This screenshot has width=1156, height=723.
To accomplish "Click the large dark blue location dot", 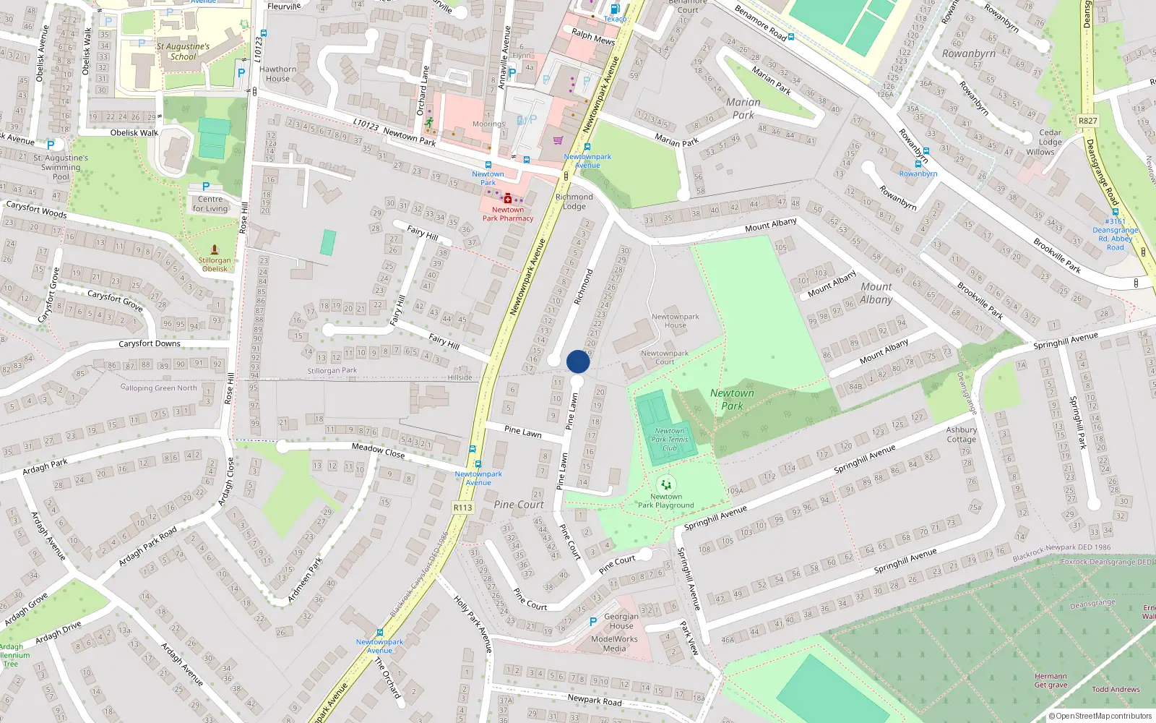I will [578, 361].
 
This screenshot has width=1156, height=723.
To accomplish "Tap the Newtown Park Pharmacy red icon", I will [508, 198].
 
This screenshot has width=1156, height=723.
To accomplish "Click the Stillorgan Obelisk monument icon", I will [214, 249].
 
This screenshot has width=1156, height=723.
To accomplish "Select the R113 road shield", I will [462, 508].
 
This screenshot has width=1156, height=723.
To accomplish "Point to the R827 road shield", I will [1087, 121].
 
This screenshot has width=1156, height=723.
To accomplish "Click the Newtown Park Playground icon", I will [666, 484].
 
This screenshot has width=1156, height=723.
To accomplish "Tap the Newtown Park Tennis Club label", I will [670, 439].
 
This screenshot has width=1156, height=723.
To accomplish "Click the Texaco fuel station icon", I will [615, 9].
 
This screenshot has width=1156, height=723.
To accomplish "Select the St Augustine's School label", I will [183, 51].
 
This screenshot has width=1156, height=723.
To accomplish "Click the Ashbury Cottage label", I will [961, 435].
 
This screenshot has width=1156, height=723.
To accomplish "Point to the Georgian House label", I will [621, 621].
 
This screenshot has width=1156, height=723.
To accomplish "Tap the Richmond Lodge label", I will [574, 201].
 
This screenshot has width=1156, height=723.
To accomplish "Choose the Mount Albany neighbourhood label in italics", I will [876, 293].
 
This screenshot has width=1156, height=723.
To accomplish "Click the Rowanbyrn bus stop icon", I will [918, 164].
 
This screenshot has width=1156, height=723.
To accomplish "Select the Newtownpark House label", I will [675, 320].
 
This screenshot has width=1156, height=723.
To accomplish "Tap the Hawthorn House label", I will [277, 74].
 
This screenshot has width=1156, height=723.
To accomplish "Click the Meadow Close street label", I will [378, 450].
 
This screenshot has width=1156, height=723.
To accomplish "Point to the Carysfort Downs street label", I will [150, 343].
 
